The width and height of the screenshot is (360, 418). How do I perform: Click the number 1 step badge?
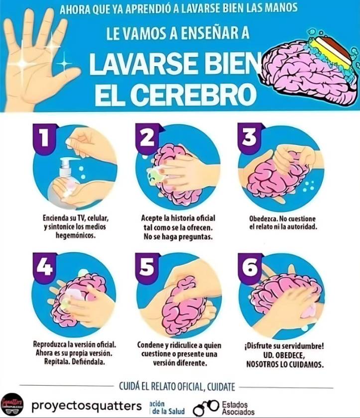pyautogui.click(x=44, y=139)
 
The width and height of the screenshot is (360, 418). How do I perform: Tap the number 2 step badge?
pyautogui.click(x=147, y=138)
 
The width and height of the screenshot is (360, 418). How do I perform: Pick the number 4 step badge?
pyautogui.click(x=44, y=267)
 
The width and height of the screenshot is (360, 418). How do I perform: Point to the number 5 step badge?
pyautogui.click(x=147, y=267)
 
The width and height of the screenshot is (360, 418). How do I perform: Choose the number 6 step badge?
pyautogui.click(x=249, y=267)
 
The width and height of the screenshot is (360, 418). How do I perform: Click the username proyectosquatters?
pyautogui.click(x=87, y=406)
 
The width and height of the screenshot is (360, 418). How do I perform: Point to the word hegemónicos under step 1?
pyautogui.click(x=76, y=235)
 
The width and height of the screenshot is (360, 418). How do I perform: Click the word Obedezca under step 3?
pyautogui.click(x=264, y=218)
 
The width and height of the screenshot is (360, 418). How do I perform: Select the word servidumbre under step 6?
pyautogui.click(x=301, y=346)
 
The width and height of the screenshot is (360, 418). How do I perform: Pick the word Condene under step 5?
pyautogui.click(x=149, y=345)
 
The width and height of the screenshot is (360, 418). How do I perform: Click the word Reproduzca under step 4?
pyautogui.click(x=50, y=344)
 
